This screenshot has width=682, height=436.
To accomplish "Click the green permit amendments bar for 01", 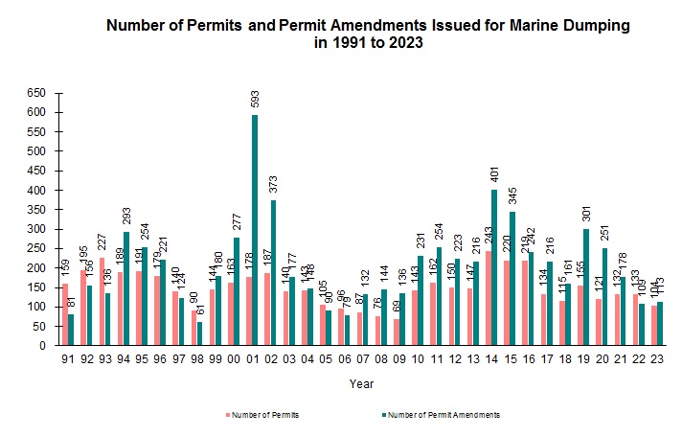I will (x=256, y=230).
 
